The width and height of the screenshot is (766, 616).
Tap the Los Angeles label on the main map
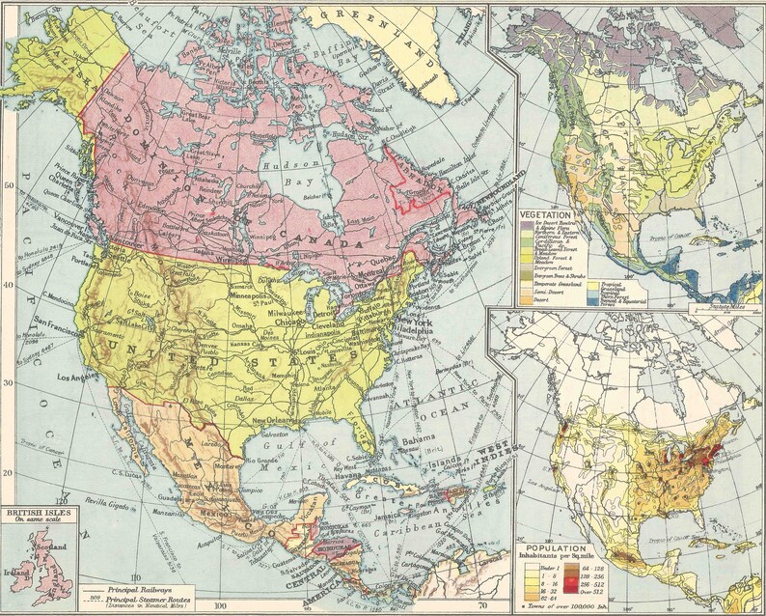(82, 376)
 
